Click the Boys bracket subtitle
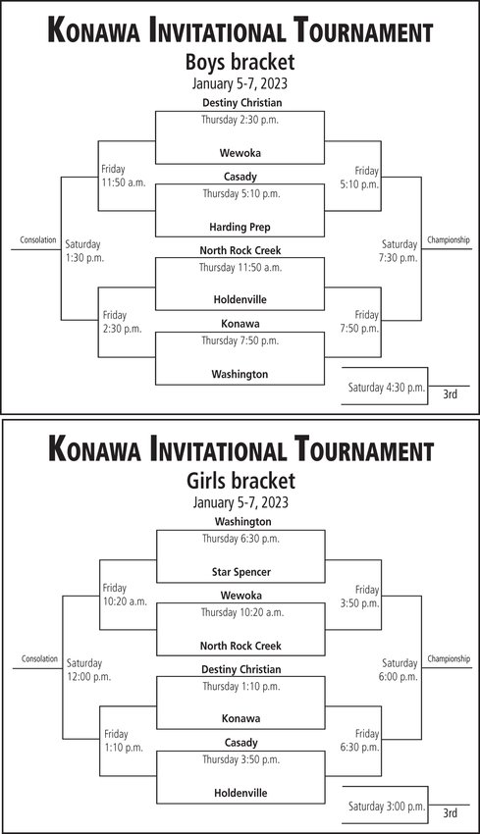click(240, 62)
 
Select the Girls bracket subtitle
click(240, 481)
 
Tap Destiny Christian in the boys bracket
click(242, 103)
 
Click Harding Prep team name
click(240, 227)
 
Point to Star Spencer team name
click(241, 572)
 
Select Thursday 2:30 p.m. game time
click(240, 120)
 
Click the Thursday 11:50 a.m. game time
click(240, 268)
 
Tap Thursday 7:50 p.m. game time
click(240, 340)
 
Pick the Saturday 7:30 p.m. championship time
click(400, 251)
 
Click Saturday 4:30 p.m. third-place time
click(387, 388)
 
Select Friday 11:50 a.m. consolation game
click(124, 176)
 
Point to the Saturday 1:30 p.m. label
click(84, 251)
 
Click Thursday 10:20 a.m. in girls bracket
click(242, 612)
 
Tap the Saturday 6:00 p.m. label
click(400, 670)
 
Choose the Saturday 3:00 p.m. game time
click(387, 807)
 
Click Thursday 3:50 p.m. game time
click(240, 759)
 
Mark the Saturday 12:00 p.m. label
click(89, 670)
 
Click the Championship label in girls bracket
click(449, 659)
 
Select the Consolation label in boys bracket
click(37, 239)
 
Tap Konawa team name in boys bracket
click(240, 324)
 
